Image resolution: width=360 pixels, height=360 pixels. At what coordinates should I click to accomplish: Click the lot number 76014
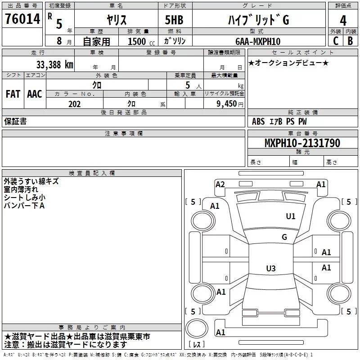[22, 18]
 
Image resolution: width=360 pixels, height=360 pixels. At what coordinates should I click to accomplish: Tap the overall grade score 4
[343, 21]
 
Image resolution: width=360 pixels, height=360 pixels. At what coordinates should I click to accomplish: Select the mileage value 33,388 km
[54, 65]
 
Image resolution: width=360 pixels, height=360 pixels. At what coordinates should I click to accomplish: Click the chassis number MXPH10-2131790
[302, 143]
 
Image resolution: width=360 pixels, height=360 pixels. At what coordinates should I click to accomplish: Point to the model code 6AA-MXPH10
[258, 41]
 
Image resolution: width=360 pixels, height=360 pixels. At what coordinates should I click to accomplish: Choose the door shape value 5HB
[174, 20]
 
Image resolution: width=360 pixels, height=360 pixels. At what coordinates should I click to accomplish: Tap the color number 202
[74, 104]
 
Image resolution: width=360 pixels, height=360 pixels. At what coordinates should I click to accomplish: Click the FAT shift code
[13, 94]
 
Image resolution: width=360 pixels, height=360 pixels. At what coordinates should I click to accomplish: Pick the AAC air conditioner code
[35, 94]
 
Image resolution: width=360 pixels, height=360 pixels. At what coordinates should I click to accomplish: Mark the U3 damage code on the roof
[271, 268]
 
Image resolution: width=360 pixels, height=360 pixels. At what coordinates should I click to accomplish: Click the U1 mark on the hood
[291, 216]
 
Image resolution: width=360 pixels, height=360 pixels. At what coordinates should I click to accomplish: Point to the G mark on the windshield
[284, 237]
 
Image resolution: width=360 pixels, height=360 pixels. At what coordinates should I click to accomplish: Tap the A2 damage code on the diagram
[220, 184]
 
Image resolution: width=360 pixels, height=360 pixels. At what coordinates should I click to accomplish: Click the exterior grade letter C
[336, 41]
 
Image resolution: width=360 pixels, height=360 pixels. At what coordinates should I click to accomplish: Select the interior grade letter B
[351, 41]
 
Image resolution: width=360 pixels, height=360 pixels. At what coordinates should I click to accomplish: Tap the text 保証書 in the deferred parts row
[15, 121]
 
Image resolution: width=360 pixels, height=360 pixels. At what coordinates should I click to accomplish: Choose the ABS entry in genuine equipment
[258, 121]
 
